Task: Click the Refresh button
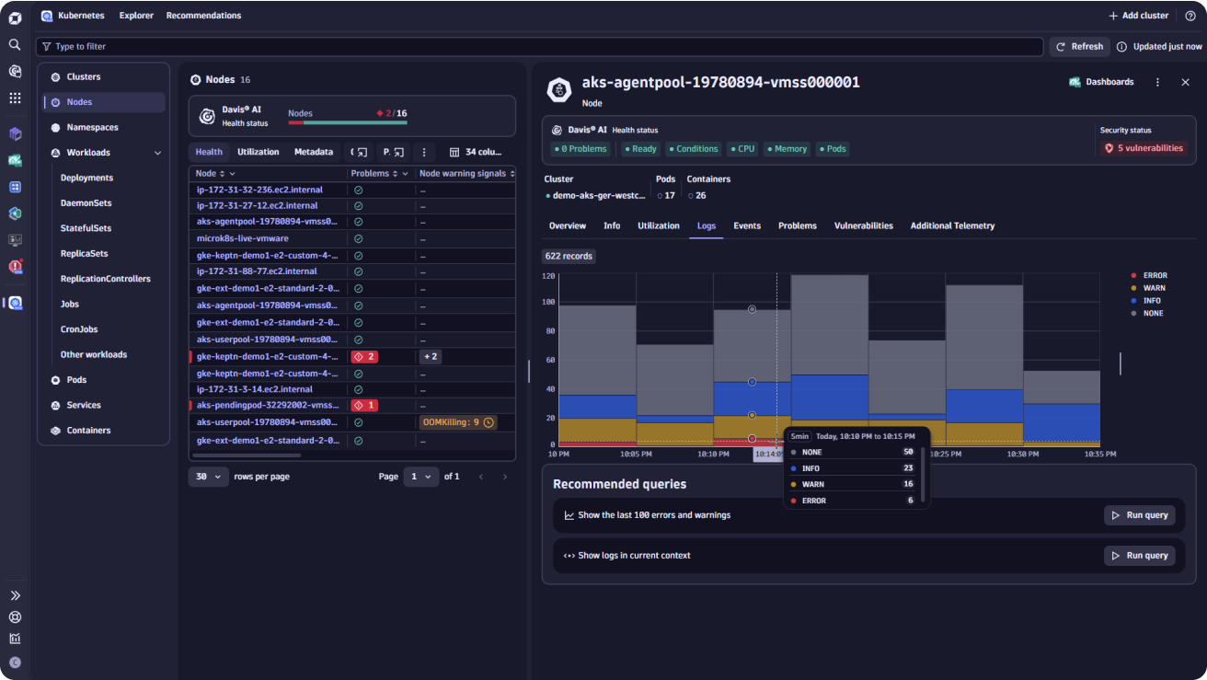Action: click(x=1079, y=46)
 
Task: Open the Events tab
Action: click(x=747, y=225)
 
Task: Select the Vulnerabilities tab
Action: click(x=863, y=225)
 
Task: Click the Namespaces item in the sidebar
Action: click(x=92, y=127)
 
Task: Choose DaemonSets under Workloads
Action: click(x=86, y=203)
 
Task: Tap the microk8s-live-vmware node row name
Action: click(x=243, y=238)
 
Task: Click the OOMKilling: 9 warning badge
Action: click(x=458, y=422)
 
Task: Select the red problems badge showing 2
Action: click(x=364, y=357)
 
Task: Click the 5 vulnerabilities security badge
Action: click(x=1144, y=148)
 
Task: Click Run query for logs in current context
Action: click(x=1140, y=556)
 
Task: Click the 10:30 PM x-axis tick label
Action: click(x=1023, y=455)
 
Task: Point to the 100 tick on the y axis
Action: click(x=548, y=302)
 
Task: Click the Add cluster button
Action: click(x=1139, y=16)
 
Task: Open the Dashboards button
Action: click(x=1102, y=82)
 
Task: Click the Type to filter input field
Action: click(x=539, y=46)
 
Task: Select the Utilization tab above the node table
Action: click(x=259, y=152)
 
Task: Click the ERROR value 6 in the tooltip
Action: click(x=910, y=501)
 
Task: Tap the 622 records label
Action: click(x=569, y=257)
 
